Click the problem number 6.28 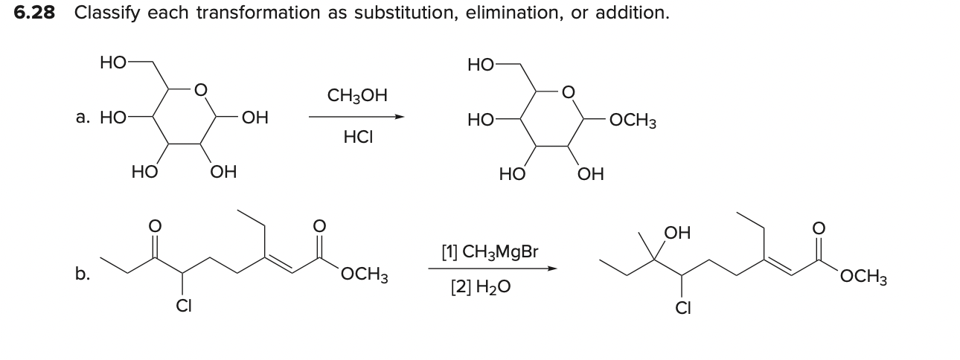pyautogui.click(x=36, y=13)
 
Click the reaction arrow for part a pyautogui.click(x=357, y=117)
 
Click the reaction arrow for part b pyautogui.click(x=491, y=269)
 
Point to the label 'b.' pyautogui.click(x=82, y=274)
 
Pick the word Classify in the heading pyautogui.click(x=106, y=13)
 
